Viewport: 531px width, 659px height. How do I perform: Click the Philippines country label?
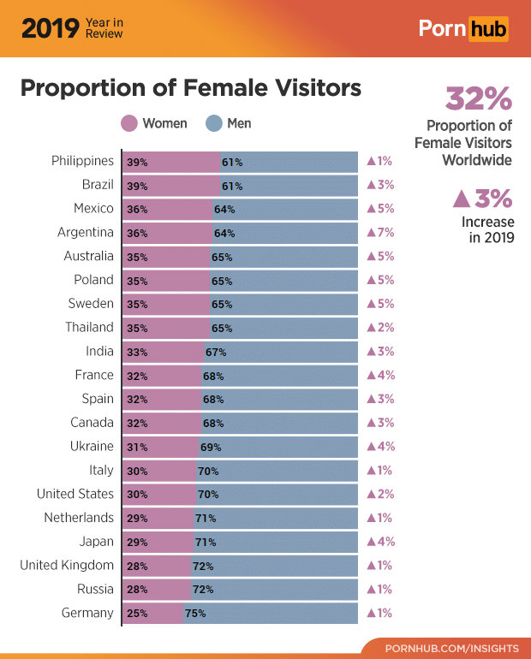[82, 161]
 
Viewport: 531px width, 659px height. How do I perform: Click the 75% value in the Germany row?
[195, 613]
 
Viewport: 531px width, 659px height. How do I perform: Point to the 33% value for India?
[137, 351]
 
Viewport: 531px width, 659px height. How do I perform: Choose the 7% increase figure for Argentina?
[380, 232]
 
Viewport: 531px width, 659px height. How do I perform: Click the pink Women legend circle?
[129, 123]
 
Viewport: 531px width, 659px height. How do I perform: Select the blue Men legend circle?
[214, 123]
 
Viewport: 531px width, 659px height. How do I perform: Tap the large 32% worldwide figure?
[478, 99]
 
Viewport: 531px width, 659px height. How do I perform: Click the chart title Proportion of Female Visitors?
[190, 88]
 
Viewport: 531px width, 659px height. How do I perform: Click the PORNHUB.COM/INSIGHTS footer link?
[451, 648]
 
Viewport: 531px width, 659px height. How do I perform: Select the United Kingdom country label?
[67, 565]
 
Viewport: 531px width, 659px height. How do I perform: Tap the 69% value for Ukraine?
[211, 447]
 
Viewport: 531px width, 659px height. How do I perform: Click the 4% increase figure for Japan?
[380, 541]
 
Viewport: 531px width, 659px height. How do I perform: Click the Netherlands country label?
[79, 518]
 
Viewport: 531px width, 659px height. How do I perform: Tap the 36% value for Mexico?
[137, 209]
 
